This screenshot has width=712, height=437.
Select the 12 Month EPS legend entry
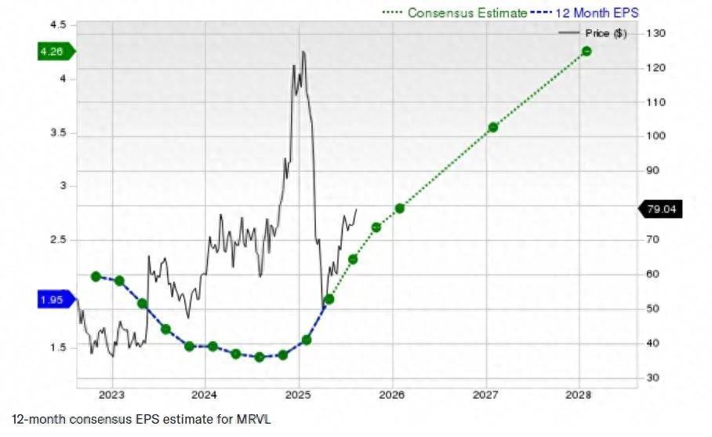point(595,13)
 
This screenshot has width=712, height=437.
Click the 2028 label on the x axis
point(579,394)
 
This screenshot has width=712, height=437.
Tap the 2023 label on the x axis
point(111,394)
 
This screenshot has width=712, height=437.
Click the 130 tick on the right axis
point(656,33)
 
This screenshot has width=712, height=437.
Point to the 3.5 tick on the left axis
point(58,133)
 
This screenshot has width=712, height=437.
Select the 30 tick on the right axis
point(653,377)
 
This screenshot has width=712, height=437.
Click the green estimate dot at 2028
point(586,51)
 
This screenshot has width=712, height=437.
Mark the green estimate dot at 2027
point(492,127)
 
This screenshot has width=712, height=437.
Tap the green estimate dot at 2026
point(399,208)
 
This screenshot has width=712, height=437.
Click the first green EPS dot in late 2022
point(96,276)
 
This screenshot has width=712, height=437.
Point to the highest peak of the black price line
point(303,52)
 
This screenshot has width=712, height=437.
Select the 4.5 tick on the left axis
point(58,25)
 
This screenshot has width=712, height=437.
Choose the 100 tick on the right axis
point(656,136)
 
